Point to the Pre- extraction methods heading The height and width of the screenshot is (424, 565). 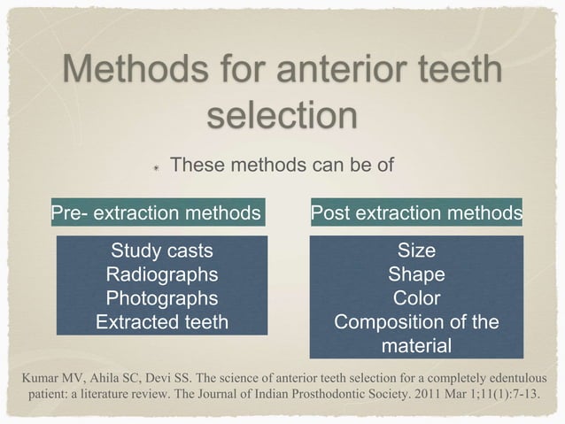tap(156, 212)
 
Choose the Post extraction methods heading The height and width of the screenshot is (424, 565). tap(415, 212)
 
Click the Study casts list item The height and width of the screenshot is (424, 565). tap(161, 251)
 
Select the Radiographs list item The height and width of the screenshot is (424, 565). tap(161, 274)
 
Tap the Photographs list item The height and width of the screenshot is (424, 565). tap(161, 298)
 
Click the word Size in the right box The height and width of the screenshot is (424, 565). tap(415, 251)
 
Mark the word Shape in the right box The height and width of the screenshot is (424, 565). tap(415, 274)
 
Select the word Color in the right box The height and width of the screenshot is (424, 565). tap(415, 298)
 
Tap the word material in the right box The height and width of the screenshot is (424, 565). tap(415, 345)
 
